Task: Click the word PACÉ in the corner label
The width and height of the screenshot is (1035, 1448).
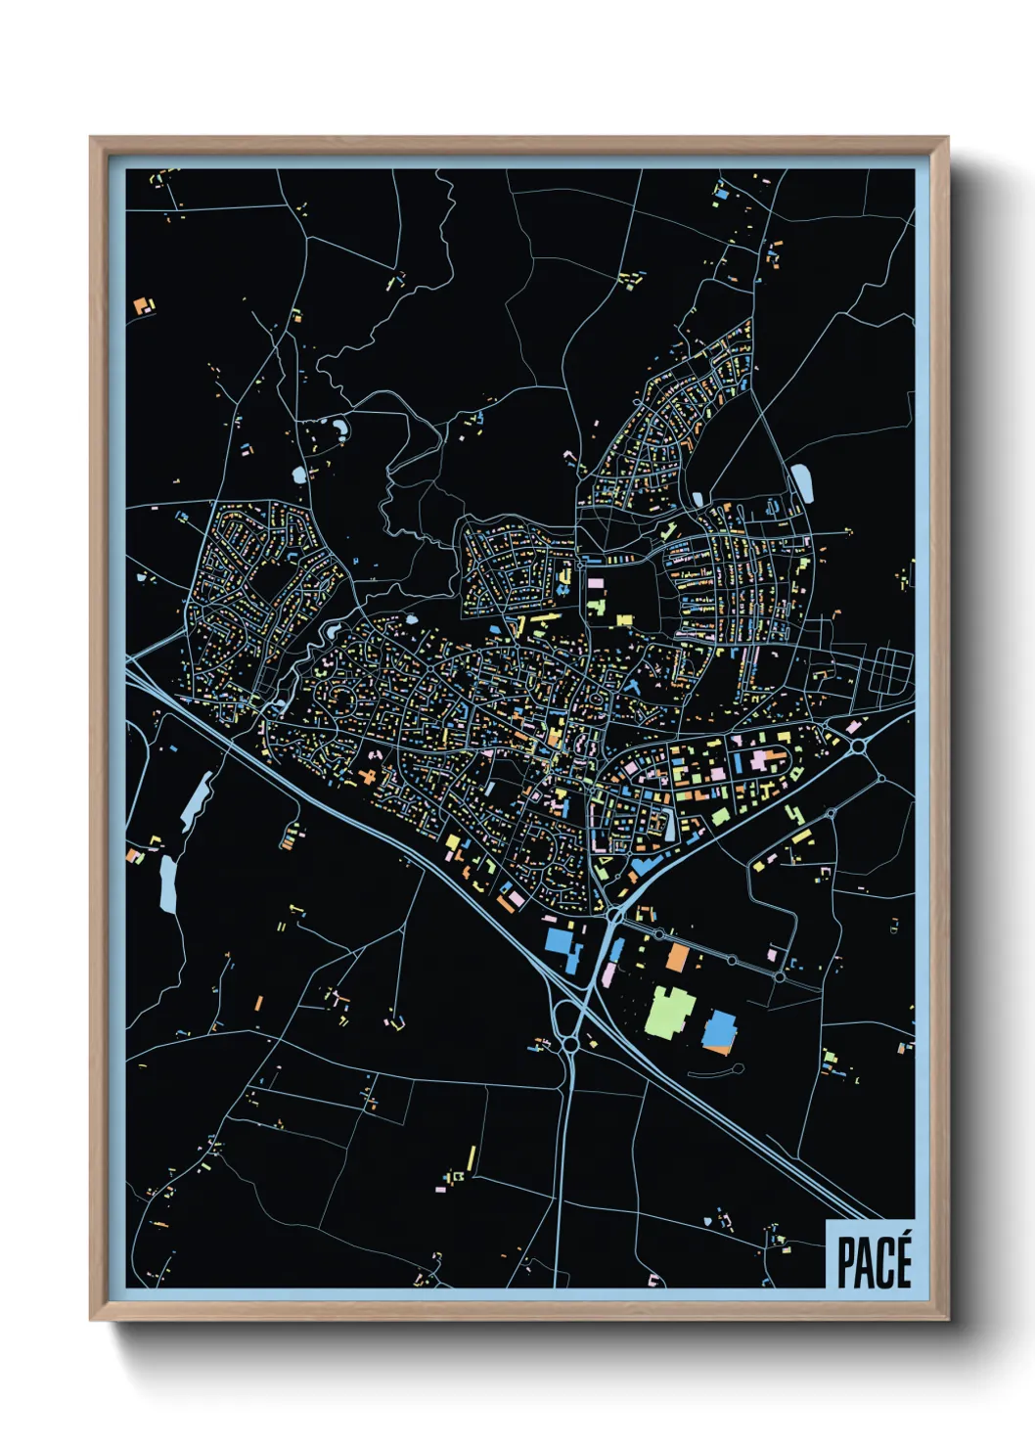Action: point(874,1262)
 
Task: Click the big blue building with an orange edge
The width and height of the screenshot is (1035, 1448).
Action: point(719,1032)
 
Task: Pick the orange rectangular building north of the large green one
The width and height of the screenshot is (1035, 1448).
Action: point(677,957)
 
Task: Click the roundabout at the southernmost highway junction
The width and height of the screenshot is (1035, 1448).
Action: point(569,1045)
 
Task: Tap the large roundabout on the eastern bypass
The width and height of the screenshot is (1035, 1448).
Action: point(858,747)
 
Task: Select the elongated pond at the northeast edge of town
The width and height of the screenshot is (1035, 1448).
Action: point(802,481)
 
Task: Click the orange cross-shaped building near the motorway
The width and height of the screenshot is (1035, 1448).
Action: point(370,776)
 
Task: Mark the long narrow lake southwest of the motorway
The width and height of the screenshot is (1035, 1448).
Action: point(197,801)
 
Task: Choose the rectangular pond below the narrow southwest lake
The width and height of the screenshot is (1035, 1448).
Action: point(168,882)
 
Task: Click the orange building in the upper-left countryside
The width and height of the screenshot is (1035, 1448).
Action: point(144,306)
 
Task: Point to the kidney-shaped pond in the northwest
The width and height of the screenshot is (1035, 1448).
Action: point(339,428)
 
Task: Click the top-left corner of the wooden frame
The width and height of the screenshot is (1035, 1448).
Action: point(92,139)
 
